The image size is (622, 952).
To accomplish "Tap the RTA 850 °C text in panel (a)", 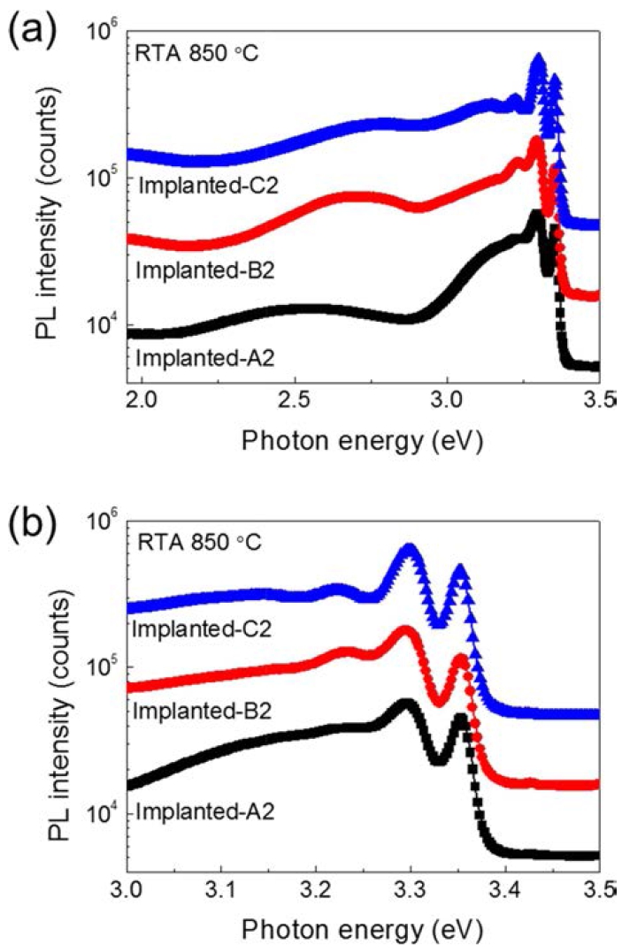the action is [197, 53].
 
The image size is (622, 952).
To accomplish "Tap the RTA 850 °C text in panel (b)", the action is [200, 542].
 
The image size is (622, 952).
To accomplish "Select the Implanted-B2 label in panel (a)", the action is [205, 270].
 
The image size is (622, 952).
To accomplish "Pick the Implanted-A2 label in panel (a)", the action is [205, 358].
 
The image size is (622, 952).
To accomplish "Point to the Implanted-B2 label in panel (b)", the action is [201, 711].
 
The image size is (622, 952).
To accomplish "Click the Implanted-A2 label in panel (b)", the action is [205, 811].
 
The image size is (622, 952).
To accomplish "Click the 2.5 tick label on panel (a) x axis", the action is [295, 402].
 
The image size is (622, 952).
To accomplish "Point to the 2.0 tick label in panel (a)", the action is [142, 402].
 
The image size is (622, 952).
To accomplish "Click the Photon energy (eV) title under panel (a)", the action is [363, 441].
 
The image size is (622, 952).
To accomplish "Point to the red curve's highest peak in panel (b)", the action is [405, 631].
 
